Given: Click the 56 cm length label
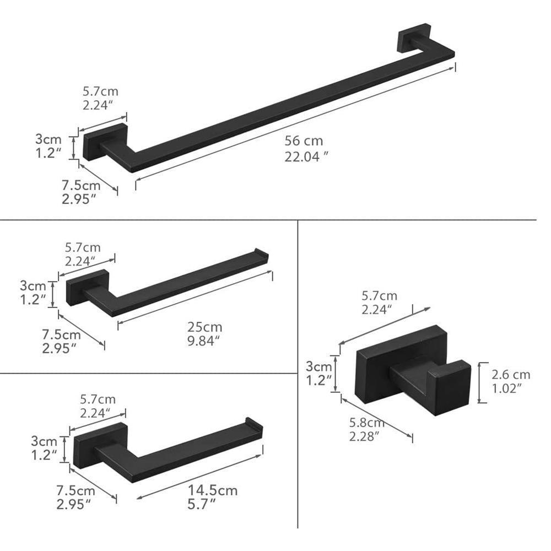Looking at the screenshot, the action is click(x=304, y=141).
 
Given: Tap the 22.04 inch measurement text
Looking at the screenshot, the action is click(x=306, y=156).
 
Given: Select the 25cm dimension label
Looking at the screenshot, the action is click(x=204, y=327).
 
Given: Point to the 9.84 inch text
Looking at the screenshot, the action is click(x=203, y=341).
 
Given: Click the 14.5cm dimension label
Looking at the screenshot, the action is click(x=213, y=490).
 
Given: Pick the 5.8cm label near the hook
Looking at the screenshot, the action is click(x=366, y=423).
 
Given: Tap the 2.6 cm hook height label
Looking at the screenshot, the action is click(x=511, y=375).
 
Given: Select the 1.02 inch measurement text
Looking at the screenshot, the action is click(x=506, y=388).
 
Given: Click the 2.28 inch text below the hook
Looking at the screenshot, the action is click(x=364, y=436).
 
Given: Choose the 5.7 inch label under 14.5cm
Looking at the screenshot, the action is click(x=201, y=505).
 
